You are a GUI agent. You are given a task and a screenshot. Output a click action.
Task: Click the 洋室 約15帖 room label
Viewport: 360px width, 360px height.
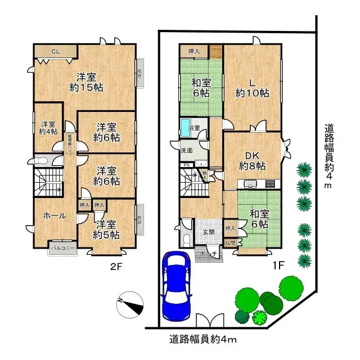[89, 82]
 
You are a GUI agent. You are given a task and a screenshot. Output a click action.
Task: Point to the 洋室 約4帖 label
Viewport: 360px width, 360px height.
[48, 128]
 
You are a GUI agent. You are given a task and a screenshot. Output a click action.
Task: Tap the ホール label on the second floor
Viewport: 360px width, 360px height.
[55, 215]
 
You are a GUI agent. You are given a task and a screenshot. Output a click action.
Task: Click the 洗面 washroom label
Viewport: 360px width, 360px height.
[187, 150]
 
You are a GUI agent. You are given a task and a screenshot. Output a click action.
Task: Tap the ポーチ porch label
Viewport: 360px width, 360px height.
[209, 254]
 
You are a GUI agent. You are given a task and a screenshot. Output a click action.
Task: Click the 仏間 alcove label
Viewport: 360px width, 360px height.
[230, 243]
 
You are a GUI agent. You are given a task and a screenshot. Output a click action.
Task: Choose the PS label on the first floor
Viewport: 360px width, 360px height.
[187, 165]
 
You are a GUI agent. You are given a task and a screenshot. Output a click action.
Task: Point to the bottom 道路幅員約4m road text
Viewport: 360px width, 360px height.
[203, 339]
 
